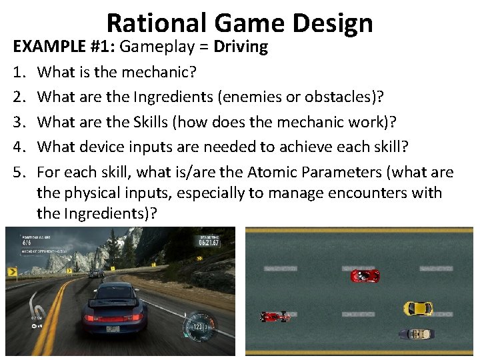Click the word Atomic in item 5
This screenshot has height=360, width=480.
pyautogui.click(x=278, y=172)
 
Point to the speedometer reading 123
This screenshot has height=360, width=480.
pyautogui.click(x=198, y=327)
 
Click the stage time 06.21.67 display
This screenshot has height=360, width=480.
pyautogui.click(x=209, y=243)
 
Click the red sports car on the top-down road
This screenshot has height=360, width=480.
pyautogui.click(x=365, y=275)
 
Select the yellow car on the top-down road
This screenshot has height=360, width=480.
pyautogui.click(x=418, y=308)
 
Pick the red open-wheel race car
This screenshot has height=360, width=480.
pyautogui.click(x=275, y=316)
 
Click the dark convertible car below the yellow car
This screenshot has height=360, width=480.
pyautogui.click(x=416, y=333)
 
